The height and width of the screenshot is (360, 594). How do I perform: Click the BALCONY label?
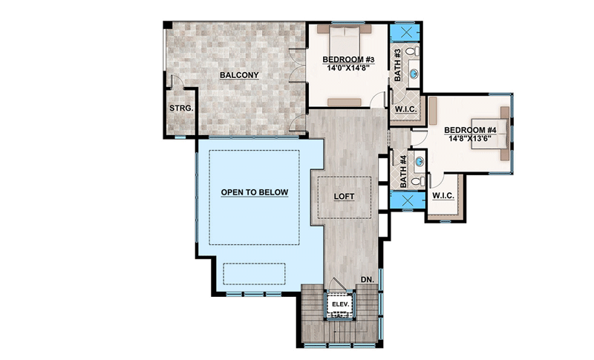(239, 75)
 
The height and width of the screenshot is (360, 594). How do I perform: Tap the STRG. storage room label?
(181, 108)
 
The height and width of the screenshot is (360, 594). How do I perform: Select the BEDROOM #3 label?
(348, 59)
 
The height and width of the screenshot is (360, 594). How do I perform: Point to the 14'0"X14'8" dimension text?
(348, 68)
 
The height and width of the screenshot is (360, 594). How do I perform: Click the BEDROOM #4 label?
(470, 130)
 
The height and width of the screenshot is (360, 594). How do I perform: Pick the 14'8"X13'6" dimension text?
(470, 138)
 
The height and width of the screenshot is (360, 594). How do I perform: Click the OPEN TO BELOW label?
(255, 192)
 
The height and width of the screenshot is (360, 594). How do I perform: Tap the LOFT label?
(344, 197)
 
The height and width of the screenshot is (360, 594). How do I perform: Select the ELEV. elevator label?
(339, 304)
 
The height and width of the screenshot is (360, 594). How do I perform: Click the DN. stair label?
(367, 280)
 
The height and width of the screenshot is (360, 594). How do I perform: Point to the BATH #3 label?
(398, 65)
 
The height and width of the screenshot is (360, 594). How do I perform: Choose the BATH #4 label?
(403, 171)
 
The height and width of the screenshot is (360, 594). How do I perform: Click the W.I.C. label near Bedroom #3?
(406, 109)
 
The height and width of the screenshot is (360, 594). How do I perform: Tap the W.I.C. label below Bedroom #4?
(443, 196)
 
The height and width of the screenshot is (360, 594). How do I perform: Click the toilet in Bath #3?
(412, 50)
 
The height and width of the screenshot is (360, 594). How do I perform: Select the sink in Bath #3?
(414, 73)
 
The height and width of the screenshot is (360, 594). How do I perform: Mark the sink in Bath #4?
(419, 162)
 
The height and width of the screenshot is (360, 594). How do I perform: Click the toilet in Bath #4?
(418, 181)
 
